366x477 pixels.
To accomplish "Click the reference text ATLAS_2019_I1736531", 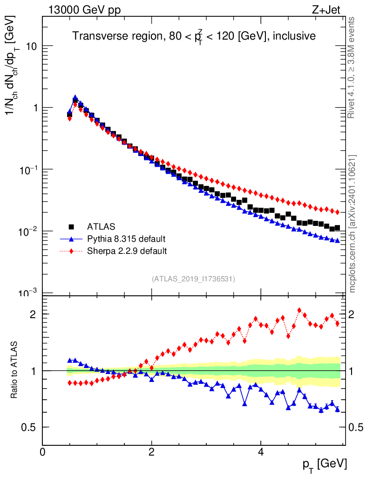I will coord(193,279).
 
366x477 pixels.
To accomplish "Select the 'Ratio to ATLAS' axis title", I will coord(15,370).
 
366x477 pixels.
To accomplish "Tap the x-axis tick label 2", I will coord(151,452).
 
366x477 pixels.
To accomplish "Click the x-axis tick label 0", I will coord(42,452).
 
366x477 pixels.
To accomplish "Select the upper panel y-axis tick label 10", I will coord(30,46).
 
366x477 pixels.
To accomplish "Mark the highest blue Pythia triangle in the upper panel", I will coord(75,98).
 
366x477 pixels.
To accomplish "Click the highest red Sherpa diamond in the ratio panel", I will coord(299,310).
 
